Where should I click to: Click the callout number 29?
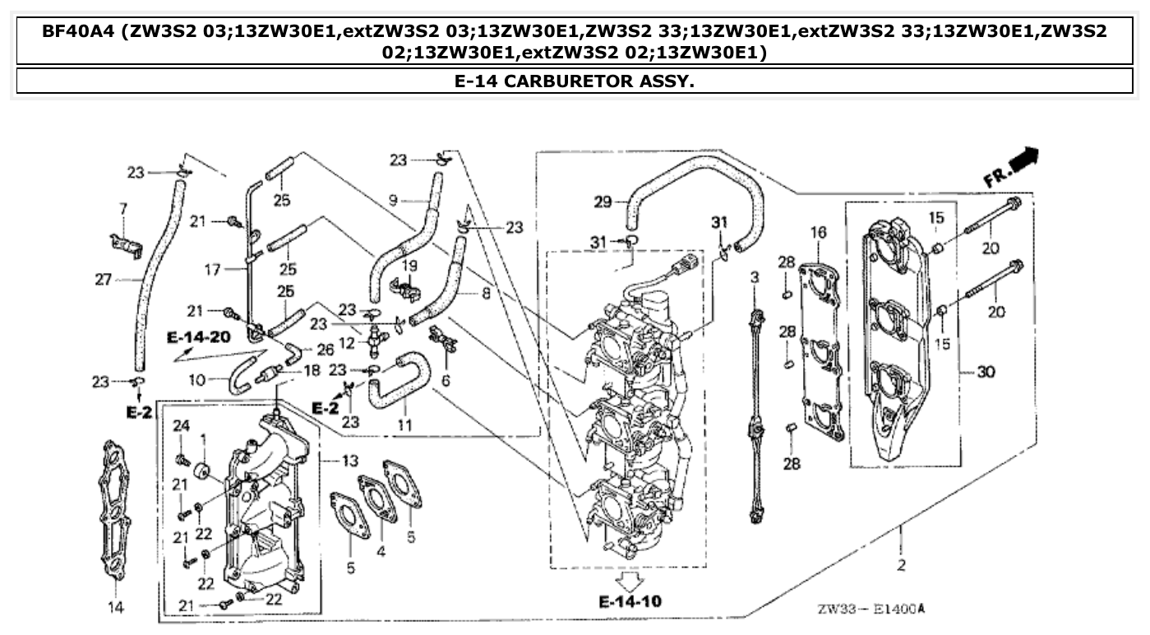point(602,202)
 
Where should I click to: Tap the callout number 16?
point(818,234)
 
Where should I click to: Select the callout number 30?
point(986,372)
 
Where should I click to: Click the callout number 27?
point(103,280)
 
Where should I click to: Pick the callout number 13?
point(350,460)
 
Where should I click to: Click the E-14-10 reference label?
point(630,601)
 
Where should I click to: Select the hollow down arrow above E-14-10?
point(630,581)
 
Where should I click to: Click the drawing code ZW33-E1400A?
point(871,609)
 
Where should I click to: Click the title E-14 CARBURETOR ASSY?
point(574,81)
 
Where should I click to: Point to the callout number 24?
point(182,425)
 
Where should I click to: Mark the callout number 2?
point(901,565)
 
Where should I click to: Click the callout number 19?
point(410,265)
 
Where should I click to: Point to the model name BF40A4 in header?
point(75,31)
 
